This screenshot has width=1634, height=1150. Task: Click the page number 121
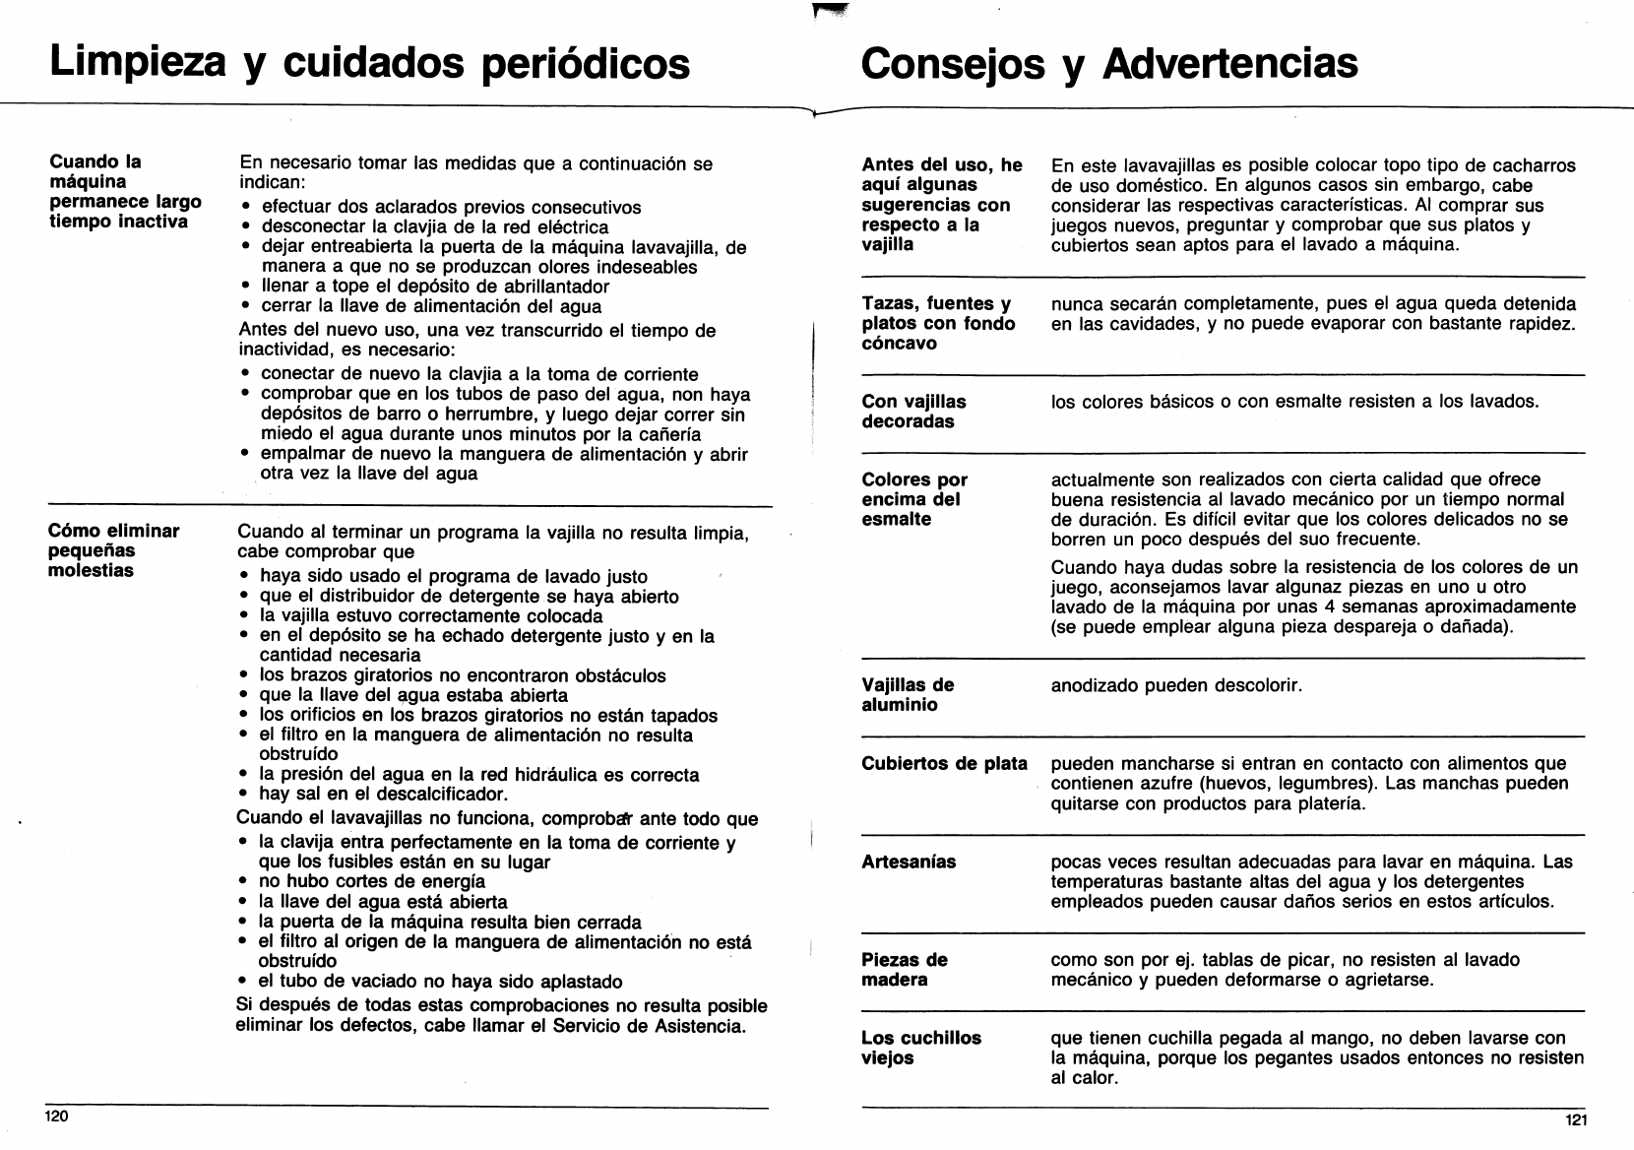[x=1575, y=1119]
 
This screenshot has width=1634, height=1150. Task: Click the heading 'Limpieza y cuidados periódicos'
[x=369, y=62]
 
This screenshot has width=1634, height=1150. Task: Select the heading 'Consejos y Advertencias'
[x=1108, y=63]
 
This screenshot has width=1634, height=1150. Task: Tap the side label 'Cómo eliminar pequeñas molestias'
[x=114, y=550]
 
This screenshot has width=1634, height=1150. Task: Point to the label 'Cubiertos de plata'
[x=944, y=764]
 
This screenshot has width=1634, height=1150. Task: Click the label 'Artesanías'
[x=909, y=862]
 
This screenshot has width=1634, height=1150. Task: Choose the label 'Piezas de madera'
[x=905, y=970]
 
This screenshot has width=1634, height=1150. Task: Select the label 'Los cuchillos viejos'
[x=920, y=1048]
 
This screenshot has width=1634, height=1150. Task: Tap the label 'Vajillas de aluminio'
[x=907, y=695]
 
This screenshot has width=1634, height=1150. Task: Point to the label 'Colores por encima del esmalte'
[x=913, y=499]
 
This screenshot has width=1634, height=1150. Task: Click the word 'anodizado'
[x=1094, y=685]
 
